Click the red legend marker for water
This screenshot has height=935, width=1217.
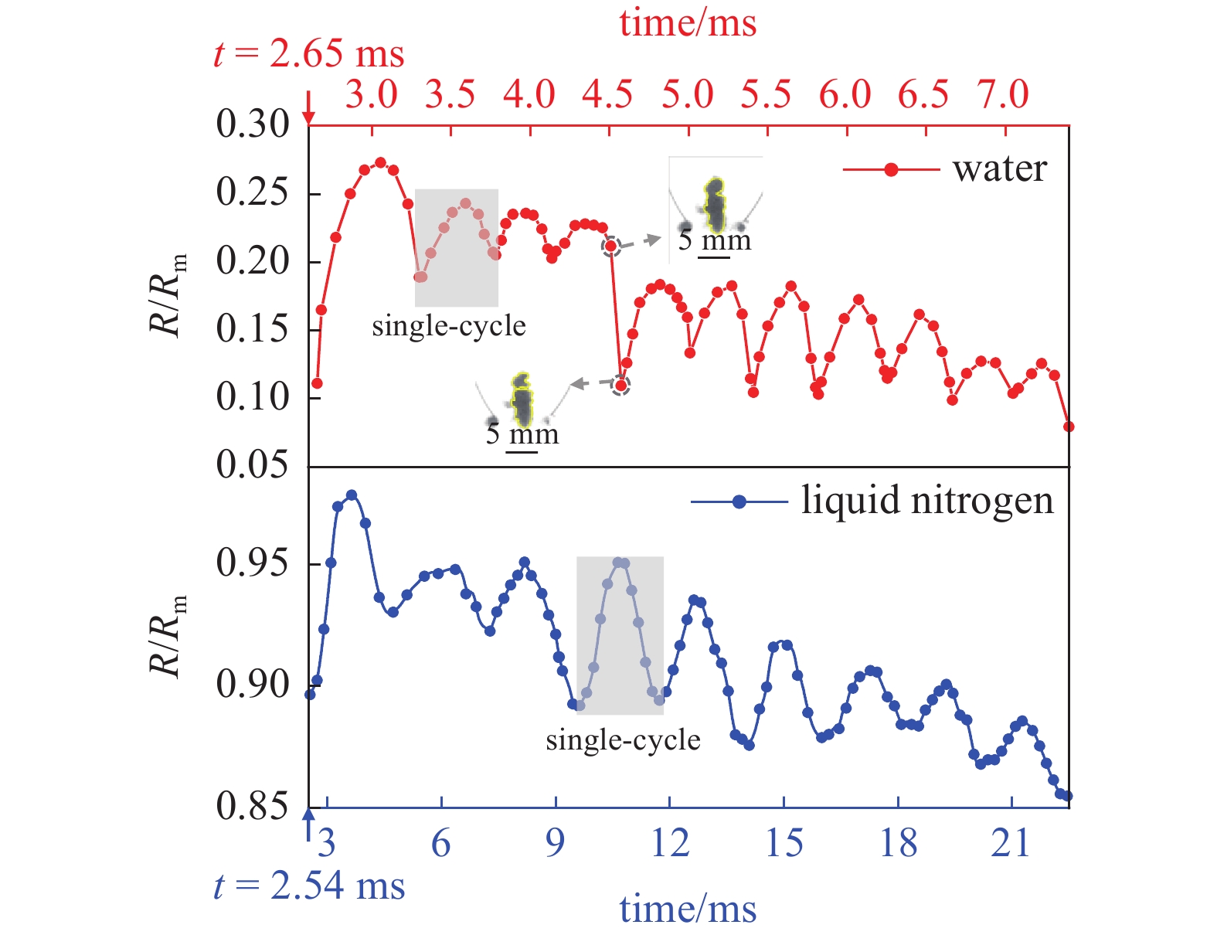(891, 169)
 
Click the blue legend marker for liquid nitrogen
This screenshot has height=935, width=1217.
(739, 501)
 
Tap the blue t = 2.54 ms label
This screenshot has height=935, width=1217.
(309, 886)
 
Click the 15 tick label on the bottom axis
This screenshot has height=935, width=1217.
(784, 843)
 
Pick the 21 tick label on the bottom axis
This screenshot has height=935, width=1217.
(1011, 843)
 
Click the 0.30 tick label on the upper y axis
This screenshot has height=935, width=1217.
(253, 124)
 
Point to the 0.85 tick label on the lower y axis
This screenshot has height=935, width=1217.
(253, 806)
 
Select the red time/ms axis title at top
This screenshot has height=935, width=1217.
(688, 23)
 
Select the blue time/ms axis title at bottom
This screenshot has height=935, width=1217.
(688, 909)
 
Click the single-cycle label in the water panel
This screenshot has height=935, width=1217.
(449, 326)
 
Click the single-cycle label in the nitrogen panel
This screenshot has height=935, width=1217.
(623, 740)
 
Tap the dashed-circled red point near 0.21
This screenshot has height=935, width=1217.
(611, 246)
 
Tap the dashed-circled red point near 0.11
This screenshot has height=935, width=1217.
(620, 385)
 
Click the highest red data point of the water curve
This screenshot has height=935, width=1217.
(380, 163)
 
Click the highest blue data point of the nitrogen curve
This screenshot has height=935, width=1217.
(352, 495)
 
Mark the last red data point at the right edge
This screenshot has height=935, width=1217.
(1069, 427)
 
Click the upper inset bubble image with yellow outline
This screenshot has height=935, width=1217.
(716, 206)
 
